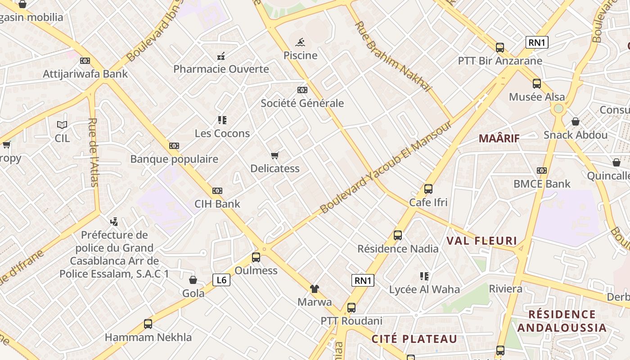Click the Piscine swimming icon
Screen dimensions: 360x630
[301, 43]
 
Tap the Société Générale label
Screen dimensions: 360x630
[302, 103]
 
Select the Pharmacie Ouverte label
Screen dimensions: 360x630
[221, 69]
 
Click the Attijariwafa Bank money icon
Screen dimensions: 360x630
[85, 61]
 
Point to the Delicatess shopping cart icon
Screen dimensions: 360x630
[275, 156]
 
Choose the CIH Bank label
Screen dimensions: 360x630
[217, 204]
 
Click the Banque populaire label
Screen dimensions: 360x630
[174, 159]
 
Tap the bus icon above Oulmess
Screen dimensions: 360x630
[256, 257]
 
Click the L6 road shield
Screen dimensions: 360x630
[221, 280]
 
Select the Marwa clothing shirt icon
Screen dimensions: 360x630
[314, 289]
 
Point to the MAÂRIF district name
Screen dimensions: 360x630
[499, 138]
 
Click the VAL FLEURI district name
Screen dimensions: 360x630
[481, 241]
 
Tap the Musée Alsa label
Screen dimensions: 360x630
[537, 97]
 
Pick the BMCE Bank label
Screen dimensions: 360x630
[542, 184]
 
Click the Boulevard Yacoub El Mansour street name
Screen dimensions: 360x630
[386, 166]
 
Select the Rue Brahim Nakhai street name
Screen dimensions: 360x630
[393, 56]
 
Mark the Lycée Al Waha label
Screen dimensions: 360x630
[424, 289]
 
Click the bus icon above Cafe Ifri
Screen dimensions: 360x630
[428, 189]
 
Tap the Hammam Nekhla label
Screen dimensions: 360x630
[148, 337]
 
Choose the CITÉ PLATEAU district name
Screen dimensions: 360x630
[414, 339]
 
